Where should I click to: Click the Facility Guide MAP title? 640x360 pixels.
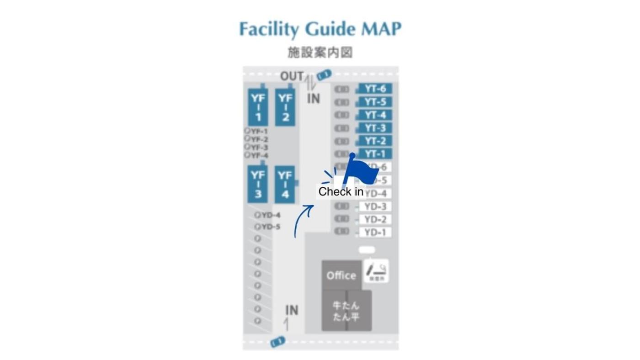(x=320, y=29)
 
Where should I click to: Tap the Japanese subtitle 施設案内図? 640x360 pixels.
(x=320, y=53)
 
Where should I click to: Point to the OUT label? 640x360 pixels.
(x=292, y=76)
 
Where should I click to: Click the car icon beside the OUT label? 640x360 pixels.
(x=324, y=75)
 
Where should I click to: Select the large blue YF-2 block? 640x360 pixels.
(x=285, y=107)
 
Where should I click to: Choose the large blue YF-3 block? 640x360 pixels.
(x=258, y=184)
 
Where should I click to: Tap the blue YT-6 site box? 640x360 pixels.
(x=375, y=89)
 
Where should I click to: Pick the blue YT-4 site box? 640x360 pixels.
(x=375, y=115)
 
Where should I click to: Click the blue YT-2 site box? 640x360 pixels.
(x=375, y=141)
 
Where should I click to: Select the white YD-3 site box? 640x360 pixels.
(x=375, y=206)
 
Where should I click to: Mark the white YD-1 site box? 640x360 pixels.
(x=375, y=233)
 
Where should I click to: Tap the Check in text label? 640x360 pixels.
(x=341, y=191)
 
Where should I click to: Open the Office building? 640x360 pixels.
(x=341, y=275)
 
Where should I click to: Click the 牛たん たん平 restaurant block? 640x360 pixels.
(x=346, y=311)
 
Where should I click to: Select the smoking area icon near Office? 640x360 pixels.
(x=376, y=271)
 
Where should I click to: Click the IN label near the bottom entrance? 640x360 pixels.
(x=292, y=311)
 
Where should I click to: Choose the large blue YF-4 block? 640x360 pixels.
(x=285, y=184)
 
